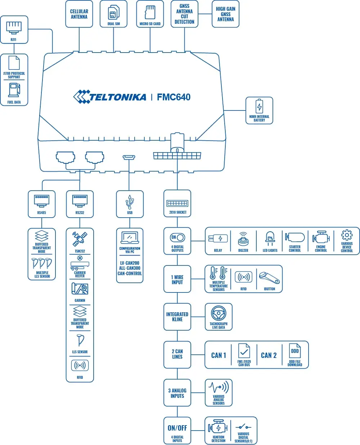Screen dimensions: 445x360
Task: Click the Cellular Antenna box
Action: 79,14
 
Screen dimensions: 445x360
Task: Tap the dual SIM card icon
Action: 114,13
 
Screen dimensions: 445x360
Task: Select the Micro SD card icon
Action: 150,12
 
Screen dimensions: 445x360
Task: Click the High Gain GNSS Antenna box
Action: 225,14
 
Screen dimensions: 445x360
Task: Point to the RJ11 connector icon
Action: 14,27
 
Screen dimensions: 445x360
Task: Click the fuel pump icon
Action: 14,90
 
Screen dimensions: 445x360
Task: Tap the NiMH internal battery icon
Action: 259,106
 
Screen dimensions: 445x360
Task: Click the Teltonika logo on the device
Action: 110,97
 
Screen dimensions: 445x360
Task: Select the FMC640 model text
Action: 174,97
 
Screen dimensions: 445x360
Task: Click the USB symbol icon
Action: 130,202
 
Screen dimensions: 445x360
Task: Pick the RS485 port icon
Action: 42,200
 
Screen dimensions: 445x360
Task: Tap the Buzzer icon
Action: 243,239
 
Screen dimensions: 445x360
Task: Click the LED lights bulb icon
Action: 270,238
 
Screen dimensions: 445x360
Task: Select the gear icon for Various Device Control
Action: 347,235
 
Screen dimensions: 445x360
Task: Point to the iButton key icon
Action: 269,278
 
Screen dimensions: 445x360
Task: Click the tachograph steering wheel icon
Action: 219,313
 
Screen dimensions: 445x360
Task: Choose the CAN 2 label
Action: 269,355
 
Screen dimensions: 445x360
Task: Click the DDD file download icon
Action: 295,351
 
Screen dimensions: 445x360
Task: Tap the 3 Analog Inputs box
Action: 177,393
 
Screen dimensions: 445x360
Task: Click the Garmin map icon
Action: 80,289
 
